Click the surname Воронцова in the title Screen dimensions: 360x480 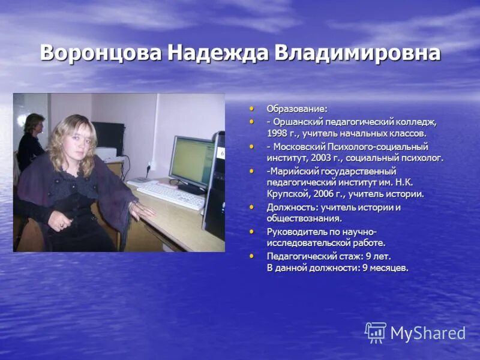(101, 53)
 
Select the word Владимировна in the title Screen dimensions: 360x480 (357, 53)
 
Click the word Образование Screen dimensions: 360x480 (297, 109)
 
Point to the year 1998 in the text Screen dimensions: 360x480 (277, 133)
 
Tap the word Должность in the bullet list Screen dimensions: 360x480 (289, 207)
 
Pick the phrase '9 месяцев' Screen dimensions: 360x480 (385, 268)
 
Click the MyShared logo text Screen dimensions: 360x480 (428, 333)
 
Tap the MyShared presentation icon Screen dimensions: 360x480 (376, 332)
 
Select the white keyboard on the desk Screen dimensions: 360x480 (172, 195)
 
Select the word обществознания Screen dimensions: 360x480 (304, 218)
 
